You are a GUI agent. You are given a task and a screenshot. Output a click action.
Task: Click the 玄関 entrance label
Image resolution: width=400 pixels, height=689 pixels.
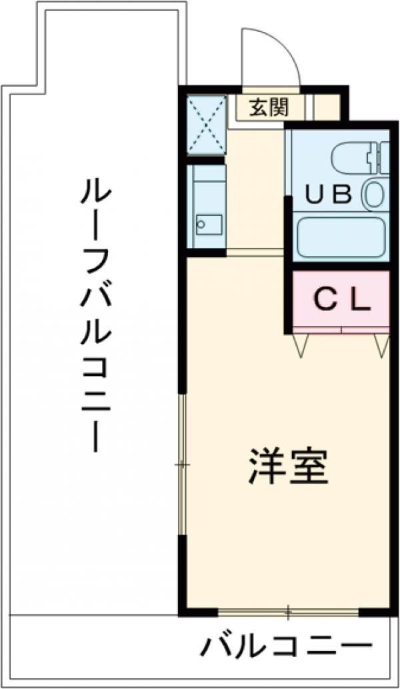(x=269, y=107)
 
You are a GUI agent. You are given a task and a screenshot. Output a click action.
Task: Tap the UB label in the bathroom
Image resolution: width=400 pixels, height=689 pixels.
(x=327, y=194)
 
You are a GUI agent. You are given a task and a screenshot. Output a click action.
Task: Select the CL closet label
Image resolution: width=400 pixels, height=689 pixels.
(x=341, y=301)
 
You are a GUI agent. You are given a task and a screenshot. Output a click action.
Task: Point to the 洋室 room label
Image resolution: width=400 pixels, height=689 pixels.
(x=288, y=467)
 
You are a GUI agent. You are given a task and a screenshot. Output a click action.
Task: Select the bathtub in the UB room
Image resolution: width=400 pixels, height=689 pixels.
(x=341, y=238)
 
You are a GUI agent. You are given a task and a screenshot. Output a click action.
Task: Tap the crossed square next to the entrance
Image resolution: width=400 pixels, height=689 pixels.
(x=206, y=124)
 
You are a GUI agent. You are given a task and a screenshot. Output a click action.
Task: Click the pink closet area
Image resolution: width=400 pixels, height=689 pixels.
(x=341, y=313)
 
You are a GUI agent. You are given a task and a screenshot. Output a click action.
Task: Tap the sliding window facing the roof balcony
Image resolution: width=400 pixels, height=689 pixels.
(x=183, y=464)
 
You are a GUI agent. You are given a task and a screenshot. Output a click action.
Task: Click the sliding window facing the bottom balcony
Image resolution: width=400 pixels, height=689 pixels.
(x=288, y=610)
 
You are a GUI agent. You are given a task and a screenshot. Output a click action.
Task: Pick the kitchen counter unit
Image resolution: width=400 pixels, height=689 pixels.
(x=206, y=207)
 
